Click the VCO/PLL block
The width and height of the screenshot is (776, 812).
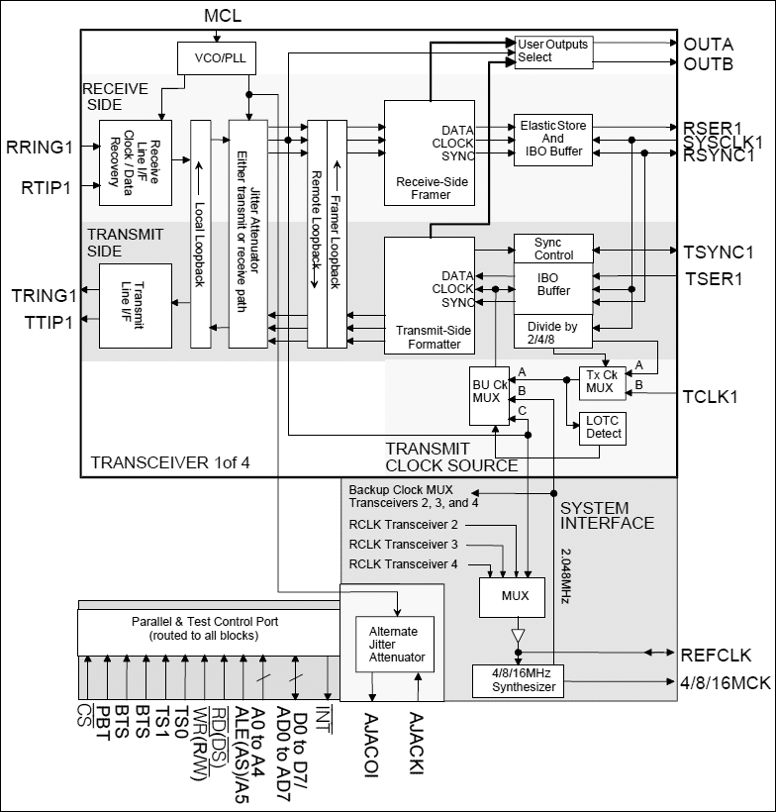coord(215,57)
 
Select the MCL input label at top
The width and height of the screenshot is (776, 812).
coord(223,17)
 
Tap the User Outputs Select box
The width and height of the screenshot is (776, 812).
coord(551,51)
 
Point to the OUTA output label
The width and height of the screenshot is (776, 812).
coord(708,44)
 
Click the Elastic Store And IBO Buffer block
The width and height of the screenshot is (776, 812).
coord(552,139)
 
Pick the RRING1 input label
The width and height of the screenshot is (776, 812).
coord(40,148)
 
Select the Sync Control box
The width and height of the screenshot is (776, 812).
coord(553,249)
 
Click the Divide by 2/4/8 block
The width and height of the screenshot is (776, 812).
coord(552,332)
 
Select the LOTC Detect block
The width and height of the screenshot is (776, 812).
coord(602,427)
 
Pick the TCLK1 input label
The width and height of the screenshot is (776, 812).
coord(711,397)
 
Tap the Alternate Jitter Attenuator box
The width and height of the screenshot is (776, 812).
coord(393,645)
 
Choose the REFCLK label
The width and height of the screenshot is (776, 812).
coord(716,655)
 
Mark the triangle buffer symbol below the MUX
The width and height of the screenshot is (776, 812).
coord(516,634)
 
